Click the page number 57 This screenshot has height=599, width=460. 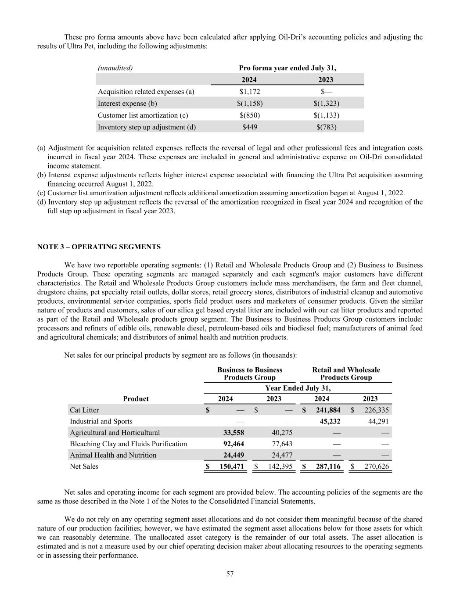point(230,574)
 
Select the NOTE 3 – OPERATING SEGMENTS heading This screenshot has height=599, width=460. point(99,247)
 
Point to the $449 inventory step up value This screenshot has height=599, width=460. point(249,127)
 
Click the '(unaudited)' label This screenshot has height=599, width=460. point(115,68)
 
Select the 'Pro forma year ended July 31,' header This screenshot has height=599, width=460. point(287,68)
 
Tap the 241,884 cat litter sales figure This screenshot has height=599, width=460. point(327,410)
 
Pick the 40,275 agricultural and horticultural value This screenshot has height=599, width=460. point(280,433)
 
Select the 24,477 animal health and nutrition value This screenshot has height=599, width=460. point(280,455)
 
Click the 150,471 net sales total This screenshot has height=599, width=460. point(231,466)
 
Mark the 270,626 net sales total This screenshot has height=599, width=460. point(376,466)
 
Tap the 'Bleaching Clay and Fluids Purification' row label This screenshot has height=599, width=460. point(128,444)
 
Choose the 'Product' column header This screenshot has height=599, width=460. point(136,399)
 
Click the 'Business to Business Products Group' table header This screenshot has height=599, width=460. point(250,374)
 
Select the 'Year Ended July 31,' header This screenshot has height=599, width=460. point(298,388)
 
